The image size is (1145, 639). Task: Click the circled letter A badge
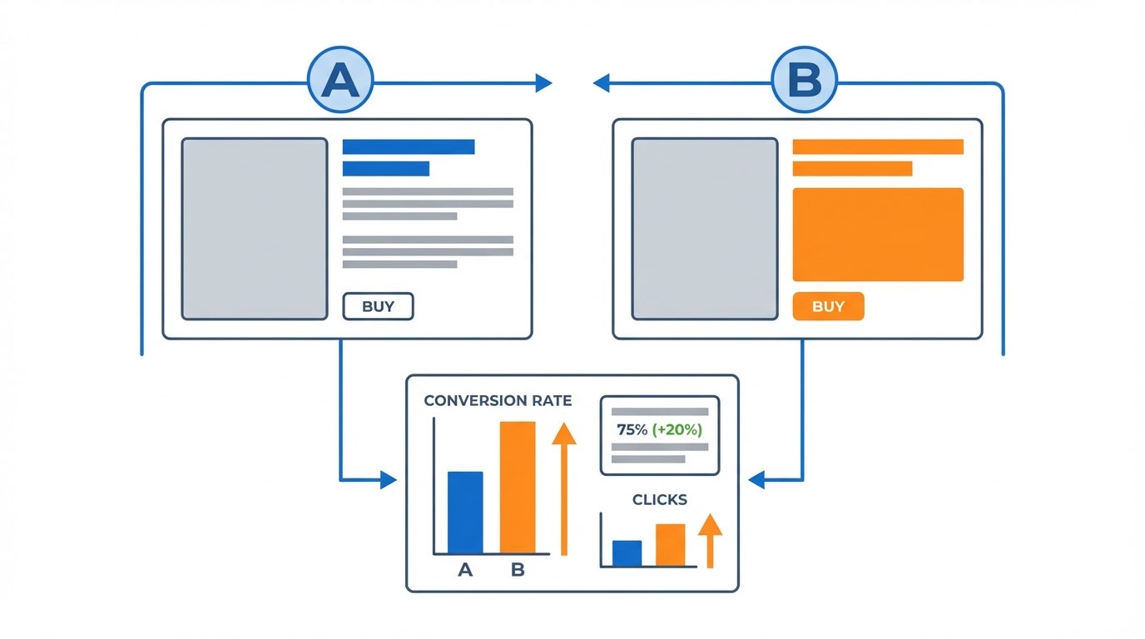click(x=340, y=80)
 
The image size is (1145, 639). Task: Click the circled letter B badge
click(x=804, y=80)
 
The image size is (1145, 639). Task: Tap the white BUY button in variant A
click(x=379, y=306)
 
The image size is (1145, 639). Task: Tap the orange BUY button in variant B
click(x=829, y=306)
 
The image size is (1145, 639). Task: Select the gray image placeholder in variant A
click(x=255, y=229)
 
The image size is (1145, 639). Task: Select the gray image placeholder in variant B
click(x=705, y=229)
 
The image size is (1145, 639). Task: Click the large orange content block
click(x=878, y=235)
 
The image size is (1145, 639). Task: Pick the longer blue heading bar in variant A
click(x=409, y=146)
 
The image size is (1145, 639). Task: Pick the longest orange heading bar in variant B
click(x=878, y=146)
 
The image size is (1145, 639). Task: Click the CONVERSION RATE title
click(x=498, y=400)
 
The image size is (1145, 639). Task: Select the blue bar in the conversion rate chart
click(x=465, y=513)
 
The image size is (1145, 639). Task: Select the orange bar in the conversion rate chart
click(x=518, y=488)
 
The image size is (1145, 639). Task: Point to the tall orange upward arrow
click(x=564, y=489)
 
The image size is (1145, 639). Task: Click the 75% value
click(x=632, y=429)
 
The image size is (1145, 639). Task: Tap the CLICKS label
click(x=660, y=499)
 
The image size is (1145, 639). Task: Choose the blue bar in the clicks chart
click(x=627, y=553)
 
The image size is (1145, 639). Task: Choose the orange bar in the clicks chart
click(x=671, y=545)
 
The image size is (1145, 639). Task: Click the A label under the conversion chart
click(x=465, y=569)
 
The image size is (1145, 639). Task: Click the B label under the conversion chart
click(x=518, y=569)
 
